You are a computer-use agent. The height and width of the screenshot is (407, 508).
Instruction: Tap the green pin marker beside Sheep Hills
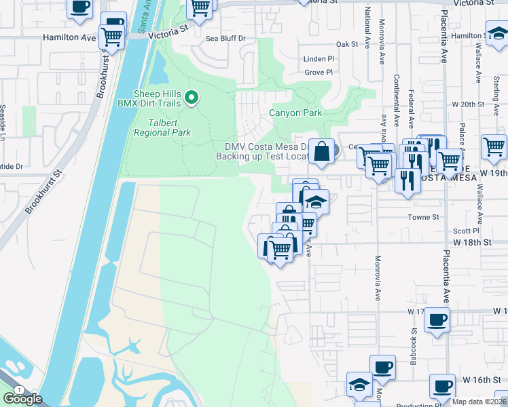pyautogui.click(x=192, y=99)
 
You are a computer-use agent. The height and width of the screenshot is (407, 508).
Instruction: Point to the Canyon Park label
pyautogui.click(x=295, y=113)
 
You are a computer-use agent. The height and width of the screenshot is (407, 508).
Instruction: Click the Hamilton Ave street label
pyautogui.click(x=70, y=39)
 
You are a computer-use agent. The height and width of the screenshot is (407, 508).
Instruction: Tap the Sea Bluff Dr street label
pyautogui.click(x=225, y=39)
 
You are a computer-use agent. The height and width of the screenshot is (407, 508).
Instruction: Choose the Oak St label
pyautogui.click(x=346, y=44)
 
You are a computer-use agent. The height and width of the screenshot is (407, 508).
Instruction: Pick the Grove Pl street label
pyautogui.click(x=319, y=72)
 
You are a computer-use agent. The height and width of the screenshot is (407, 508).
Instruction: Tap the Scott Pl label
pyautogui.click(x=467, y=231)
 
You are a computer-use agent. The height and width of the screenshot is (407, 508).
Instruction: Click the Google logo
pyautogui.click(x=22, y=399)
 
